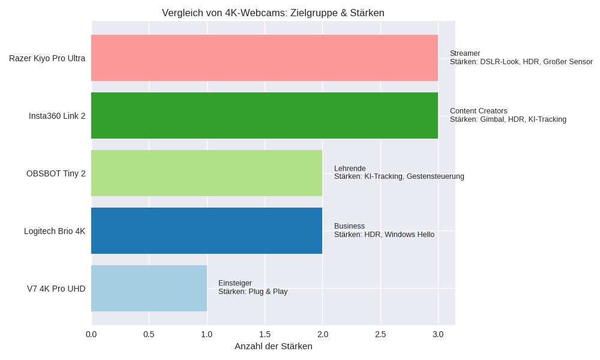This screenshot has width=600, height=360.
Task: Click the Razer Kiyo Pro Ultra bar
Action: point(265,58)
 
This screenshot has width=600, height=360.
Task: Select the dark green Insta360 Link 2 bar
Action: point(265,116)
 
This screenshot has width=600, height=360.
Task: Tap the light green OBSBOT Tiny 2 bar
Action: point(206,173)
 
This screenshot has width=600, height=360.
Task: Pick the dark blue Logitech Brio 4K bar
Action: point(206,231)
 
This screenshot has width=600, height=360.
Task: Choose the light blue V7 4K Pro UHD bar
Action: point(149,289)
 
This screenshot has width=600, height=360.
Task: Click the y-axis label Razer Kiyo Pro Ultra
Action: point(47,59)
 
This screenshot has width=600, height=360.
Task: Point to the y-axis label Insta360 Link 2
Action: point(57,116)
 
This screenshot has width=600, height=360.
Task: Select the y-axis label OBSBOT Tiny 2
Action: point(56,174)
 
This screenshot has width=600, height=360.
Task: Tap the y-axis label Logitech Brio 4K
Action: point(55,232)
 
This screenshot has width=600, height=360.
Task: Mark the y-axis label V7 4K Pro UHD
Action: point(56,289)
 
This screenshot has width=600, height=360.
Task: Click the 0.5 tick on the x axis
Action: point(149,334)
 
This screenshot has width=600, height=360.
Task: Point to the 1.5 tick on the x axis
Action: point(265,334)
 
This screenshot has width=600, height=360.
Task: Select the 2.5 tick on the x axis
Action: point(380,334)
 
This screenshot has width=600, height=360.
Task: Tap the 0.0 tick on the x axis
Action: point(91,334)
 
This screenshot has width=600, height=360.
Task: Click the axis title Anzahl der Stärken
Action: point(273,346)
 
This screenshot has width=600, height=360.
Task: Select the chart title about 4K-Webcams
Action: point(273,13)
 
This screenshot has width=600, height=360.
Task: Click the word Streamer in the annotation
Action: point(465,53)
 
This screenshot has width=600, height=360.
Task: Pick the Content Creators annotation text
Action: point(478,111)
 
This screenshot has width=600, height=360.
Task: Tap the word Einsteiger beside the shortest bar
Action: point(235,283)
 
